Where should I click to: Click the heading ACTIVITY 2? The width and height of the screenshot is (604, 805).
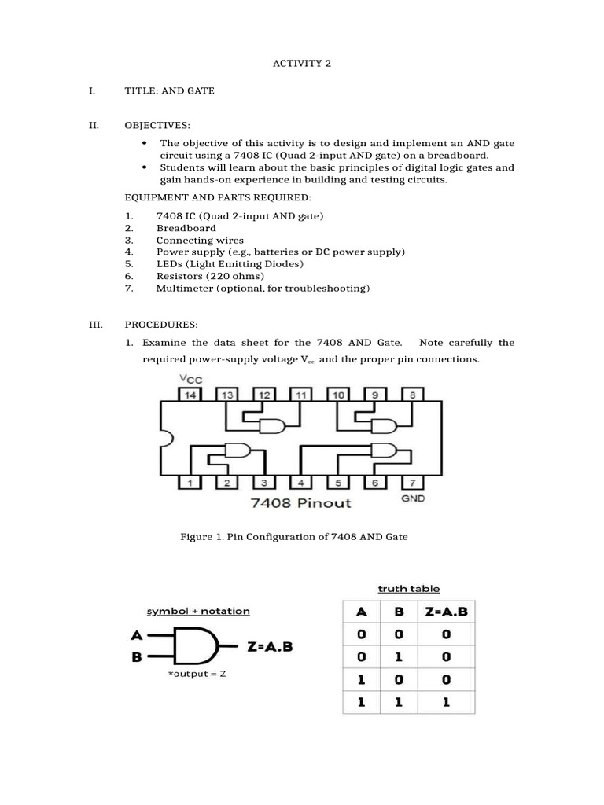click(x=301, y=63)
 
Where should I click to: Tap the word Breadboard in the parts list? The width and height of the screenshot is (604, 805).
click(x=186, y=228)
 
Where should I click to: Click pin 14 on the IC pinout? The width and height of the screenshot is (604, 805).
click(x=190, y=395)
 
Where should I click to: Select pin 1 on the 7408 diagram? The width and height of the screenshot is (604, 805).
click(x=190, y=482)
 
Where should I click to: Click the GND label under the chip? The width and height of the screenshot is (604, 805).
click(x=413, y=498)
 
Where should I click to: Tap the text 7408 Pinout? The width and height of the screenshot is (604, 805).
click(x=301, y=502)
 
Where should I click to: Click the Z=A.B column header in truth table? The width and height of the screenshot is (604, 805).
click(x=445, y=609)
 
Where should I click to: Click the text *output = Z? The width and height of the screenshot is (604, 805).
click(x=192, y=674)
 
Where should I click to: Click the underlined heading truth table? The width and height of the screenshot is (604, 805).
click(x=408, y=588)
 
